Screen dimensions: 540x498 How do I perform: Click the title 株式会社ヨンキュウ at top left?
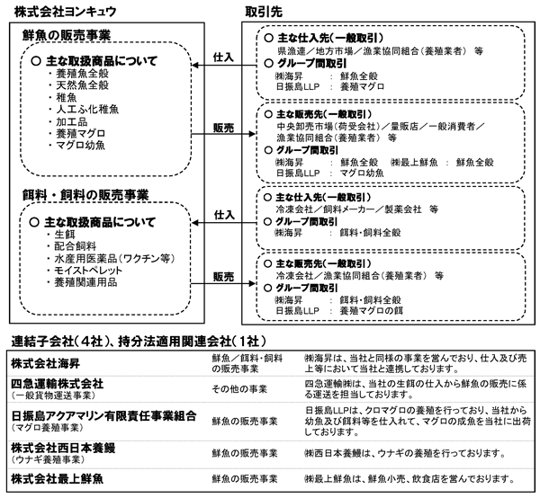click(x=65, y=12)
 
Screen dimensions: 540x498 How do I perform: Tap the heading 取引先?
click(x=264, y=12)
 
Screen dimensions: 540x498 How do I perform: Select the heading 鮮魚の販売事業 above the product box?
click(x=67, y=35)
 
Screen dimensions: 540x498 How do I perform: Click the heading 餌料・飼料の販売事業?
click(x=85, y=195)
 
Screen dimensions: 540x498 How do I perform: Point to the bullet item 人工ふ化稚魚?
click(x=87, y=110)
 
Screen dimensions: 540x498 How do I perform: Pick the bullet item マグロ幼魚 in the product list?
click(x=81, y=145)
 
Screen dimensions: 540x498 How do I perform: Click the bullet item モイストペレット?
click(x=88, y=271)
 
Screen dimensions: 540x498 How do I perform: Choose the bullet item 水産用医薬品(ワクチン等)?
click(x=114, y=258)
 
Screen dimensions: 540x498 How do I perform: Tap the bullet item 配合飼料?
click(x=76, y=246)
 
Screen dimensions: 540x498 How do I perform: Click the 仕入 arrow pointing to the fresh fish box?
click(x=224, y=65)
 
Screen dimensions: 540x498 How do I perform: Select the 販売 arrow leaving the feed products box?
click(x=223, y=284)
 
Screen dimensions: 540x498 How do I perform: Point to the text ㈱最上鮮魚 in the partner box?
click(x=415, y=162)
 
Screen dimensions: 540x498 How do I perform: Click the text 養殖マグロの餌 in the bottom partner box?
click(x=371, y=311)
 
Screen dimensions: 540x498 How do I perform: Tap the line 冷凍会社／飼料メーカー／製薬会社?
click(x=348, y=209)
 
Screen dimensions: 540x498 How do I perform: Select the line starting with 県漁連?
click(x=380, y=51)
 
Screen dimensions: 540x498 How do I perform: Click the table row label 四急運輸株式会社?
click(x=58, y=384)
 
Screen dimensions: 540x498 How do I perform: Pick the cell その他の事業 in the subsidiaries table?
click(x=239, y=389)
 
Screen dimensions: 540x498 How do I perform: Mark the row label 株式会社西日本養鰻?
click(x=63, y=448)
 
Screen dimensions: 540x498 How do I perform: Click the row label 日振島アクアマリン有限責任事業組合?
click(x=103, y=416)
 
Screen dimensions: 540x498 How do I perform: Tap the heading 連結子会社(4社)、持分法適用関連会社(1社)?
click(x=139, y=342)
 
